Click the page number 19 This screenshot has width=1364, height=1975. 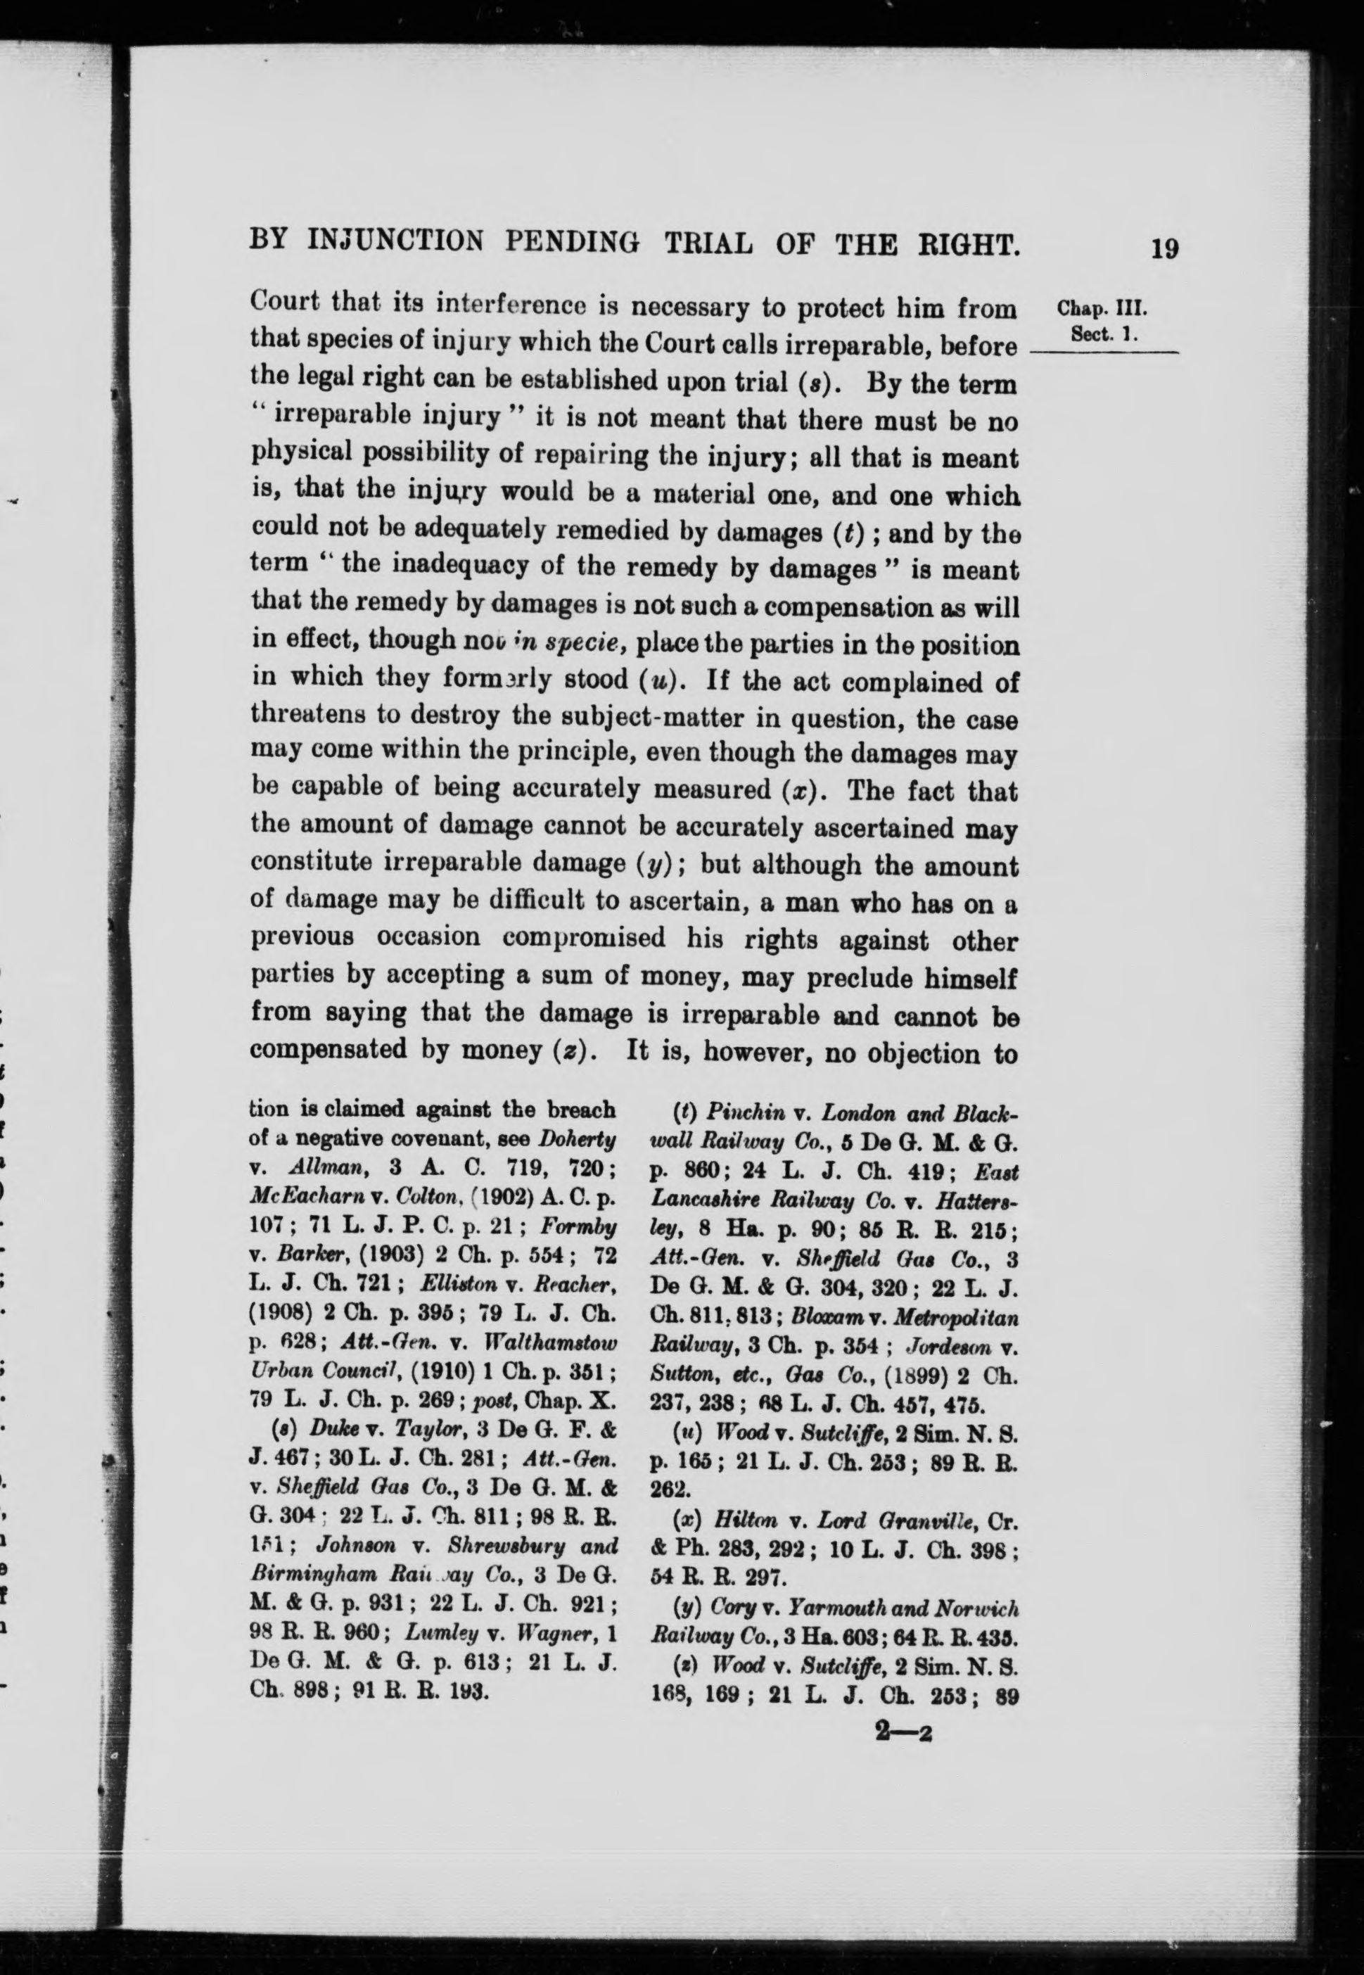click(1164, 248)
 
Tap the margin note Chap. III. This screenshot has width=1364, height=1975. click(1106, 308)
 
